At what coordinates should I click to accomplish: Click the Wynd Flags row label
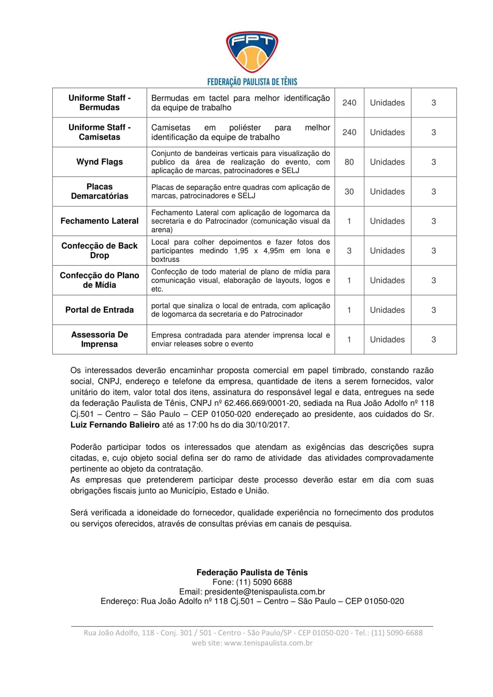point(99,162)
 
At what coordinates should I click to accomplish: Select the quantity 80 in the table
point(349,162)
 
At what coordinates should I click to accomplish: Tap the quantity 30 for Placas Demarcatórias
point(349,192)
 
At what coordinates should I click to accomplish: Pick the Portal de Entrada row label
point(99,310)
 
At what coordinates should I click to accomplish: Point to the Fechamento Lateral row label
point(99,221)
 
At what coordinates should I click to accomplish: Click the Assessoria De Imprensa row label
point(99,339)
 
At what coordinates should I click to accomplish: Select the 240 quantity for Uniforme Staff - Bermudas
point(349,103)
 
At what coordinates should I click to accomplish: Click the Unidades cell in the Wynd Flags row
point(387,162)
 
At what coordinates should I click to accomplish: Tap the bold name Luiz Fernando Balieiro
point(115,425)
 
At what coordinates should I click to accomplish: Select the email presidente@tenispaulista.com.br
point(264,591)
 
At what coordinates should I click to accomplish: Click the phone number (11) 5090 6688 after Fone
point(264,582)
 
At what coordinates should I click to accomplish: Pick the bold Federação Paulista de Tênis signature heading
point(252,572)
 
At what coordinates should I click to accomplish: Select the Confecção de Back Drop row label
point(99,250)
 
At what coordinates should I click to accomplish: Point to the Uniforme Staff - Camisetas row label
point(99,132)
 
